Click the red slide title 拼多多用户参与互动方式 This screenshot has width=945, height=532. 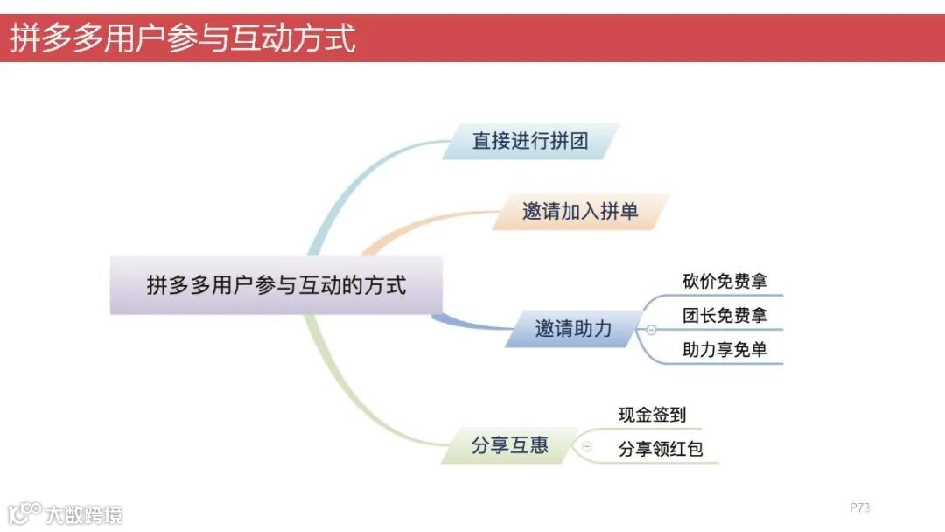[183, 39]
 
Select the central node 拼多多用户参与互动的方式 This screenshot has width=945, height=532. [276, 285]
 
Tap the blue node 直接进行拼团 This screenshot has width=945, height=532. [530, 141]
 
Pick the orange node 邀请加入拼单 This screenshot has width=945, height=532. [580, 212]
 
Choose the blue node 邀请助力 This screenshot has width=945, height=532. [573, 330]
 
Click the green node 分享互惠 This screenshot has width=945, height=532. [509, 445]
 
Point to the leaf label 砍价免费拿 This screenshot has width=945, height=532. [724, 282]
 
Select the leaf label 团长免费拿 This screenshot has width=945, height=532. [724, 315]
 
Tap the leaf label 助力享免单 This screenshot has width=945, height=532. [724, 349]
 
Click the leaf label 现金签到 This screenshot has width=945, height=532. [652, 415]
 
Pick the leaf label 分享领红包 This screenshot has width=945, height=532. [661, 450]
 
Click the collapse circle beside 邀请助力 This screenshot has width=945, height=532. [651, 330]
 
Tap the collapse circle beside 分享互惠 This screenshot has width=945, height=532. [587, 446]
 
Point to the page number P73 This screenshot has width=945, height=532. [859, 507]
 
